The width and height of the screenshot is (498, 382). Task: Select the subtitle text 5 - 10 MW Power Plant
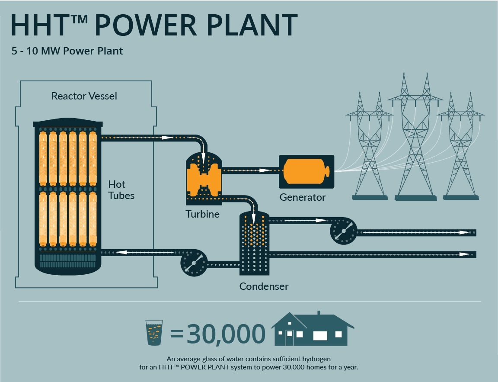tap(67, 51)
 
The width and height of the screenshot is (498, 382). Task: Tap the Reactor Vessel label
tap(84, 96)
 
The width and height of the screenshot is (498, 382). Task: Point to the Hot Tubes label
tap(121, 190)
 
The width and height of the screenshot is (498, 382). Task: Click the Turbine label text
tap(203, 214)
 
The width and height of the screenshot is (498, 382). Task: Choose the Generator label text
tap(303, 198)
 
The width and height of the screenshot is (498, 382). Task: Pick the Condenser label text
tap(264, 286)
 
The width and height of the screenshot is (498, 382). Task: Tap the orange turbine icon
tap(204, 178)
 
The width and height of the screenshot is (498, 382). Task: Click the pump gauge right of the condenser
tap(344, 232)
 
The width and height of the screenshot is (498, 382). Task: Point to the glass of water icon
tap(154, 333)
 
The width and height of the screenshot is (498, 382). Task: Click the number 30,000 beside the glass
tap(226, 334)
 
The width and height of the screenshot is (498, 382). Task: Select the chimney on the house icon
tap(319, 313)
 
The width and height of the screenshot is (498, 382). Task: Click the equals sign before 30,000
tap(177, 334)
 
